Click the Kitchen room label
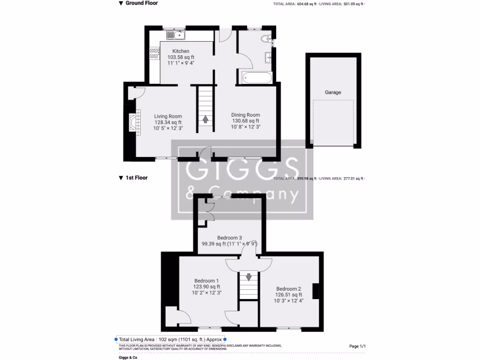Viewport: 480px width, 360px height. tap(181, 51)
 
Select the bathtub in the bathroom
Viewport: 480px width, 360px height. tap(257, 78)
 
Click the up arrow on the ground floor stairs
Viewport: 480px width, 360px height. tap(205, 119)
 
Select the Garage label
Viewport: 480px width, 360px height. tap(333, 92)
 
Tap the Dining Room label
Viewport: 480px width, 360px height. tap(246, 115)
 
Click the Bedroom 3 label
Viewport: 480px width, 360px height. tap(230, 238)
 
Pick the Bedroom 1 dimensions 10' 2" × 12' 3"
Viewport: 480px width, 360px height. tap(207, 292)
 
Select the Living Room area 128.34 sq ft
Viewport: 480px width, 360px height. tap(168, 122)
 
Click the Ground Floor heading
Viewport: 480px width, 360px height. tap(142, 3)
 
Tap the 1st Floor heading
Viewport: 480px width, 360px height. tap(136, 178)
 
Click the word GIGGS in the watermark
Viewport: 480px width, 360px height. tap(242, 169)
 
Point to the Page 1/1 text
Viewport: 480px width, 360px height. tap(357, 346)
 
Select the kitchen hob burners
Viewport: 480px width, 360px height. tap(154, 53)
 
